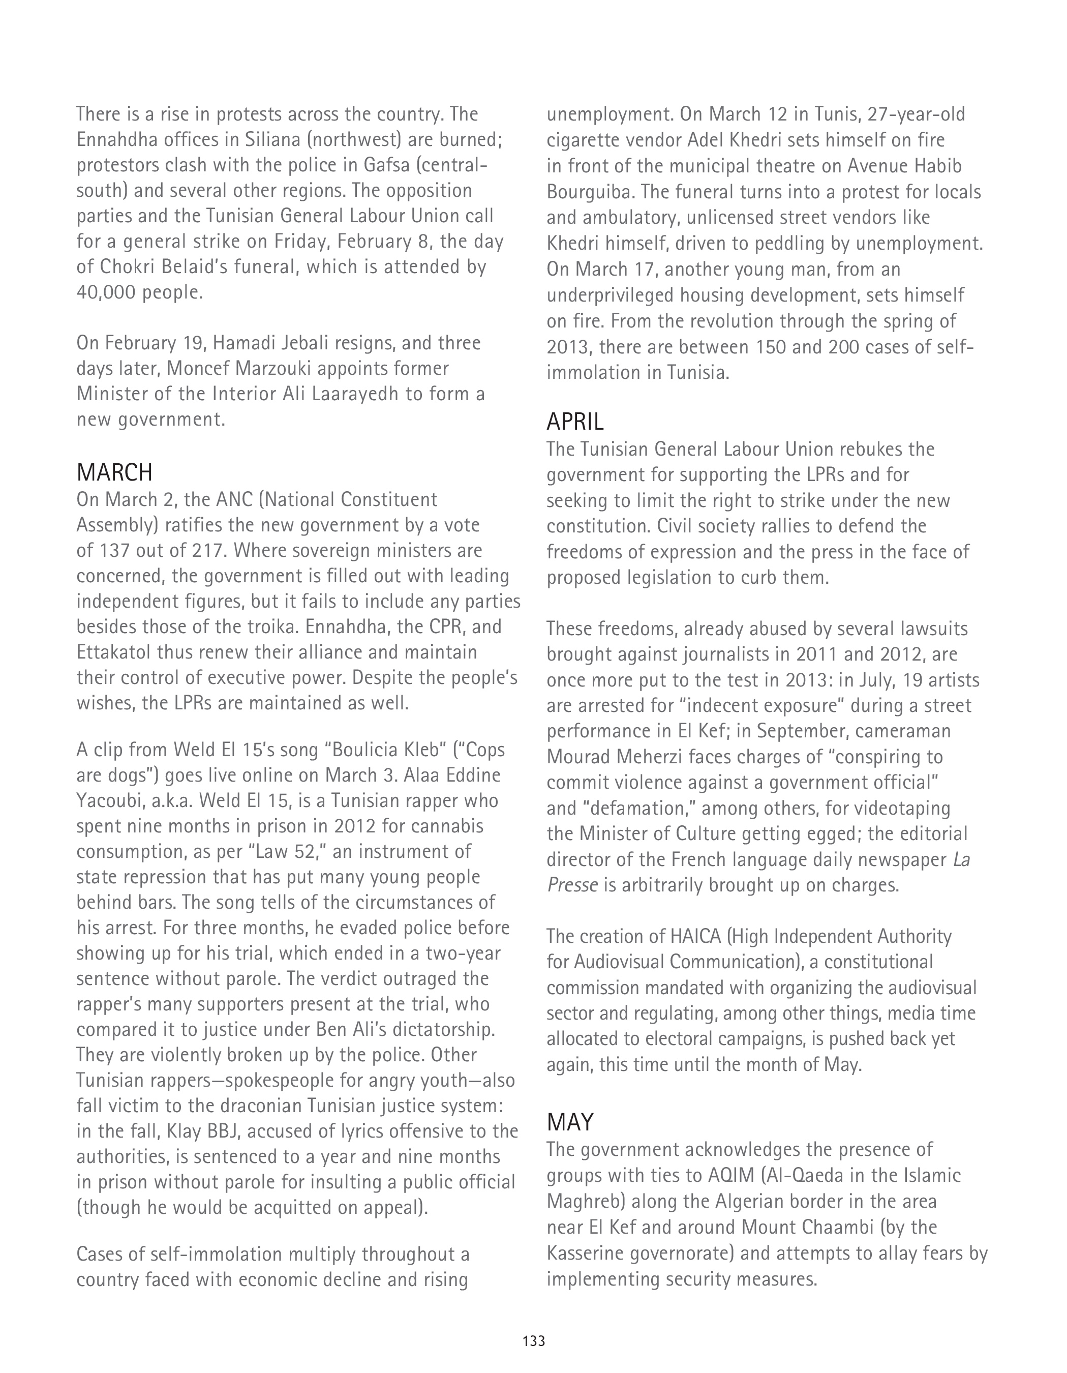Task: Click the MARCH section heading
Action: [114, 472]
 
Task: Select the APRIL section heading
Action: [575, 421]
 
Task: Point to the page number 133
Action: [534, 1341]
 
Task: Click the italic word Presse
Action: [572, 885]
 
